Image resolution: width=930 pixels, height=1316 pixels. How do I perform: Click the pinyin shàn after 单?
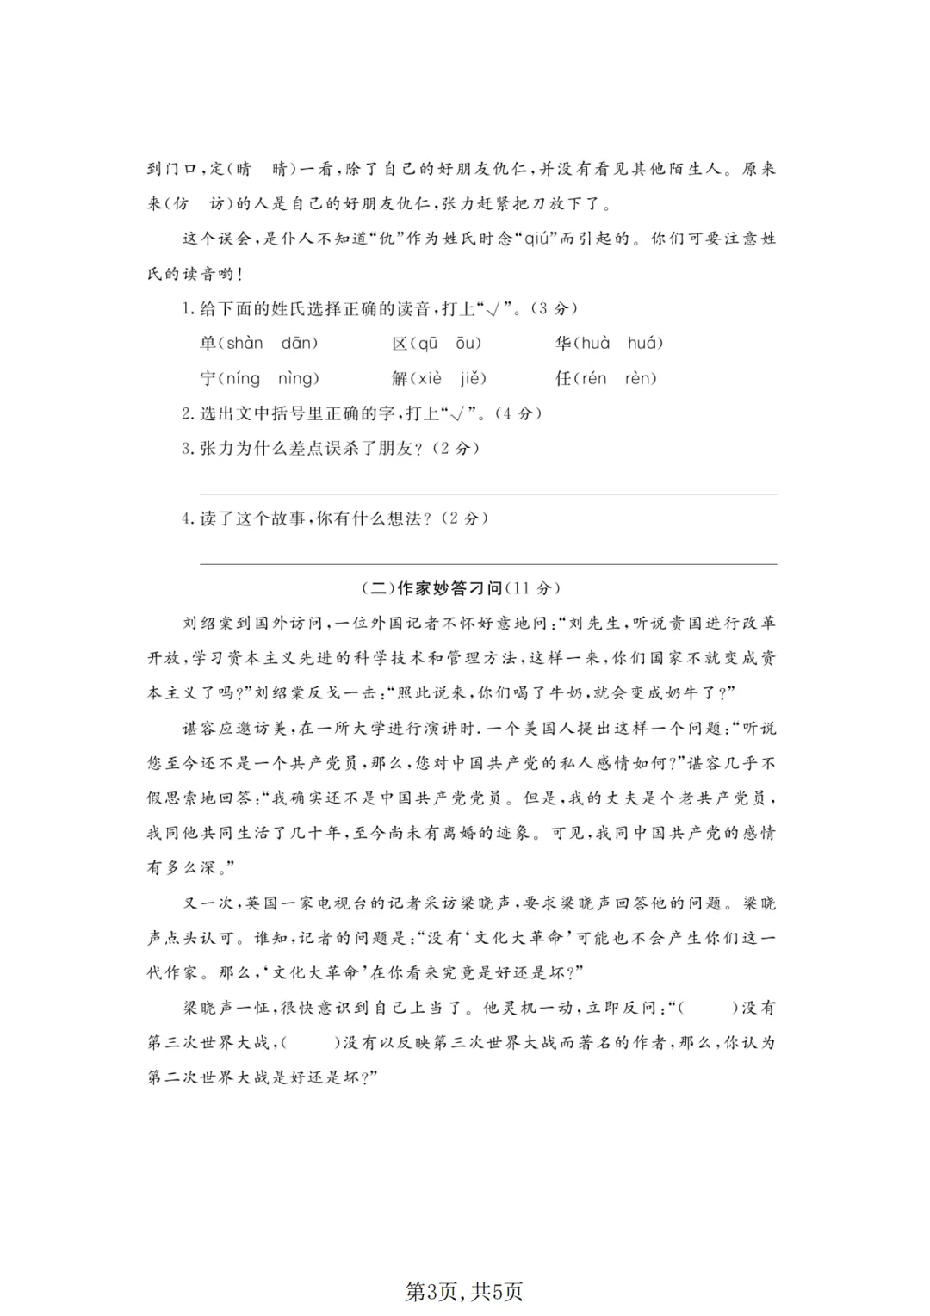pyautogui.click(x=245, y=344)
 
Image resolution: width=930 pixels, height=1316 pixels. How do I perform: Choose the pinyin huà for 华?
pyautogui.click(x=594, y=344)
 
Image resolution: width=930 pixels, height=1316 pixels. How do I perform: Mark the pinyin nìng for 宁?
pyautogui.click(x=297, y=379)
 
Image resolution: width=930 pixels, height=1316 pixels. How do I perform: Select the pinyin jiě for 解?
pyautogui.click(x=473, y=379)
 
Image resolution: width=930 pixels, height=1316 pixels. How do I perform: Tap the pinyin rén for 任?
pyautogui.click(x=593, y=379)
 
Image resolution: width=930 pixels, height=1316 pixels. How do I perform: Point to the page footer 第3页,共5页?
pyautogui.click(x=464, y=1291)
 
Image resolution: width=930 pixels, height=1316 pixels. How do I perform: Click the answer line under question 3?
pyautogui.click(x=487, y=493)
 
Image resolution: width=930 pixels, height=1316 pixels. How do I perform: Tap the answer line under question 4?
pyautogui.click(x=487, y=563)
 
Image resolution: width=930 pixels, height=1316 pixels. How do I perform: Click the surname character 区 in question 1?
pyautogui.click(x=400, y=344)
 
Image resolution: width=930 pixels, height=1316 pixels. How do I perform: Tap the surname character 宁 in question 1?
pyautogui.click(x=208, y=379)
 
